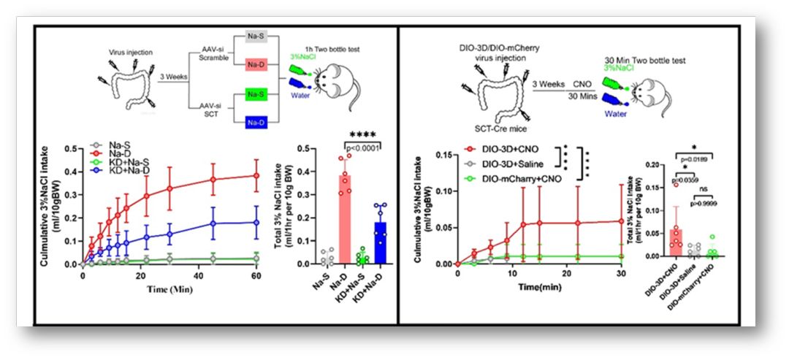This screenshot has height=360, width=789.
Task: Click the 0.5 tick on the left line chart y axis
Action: (x=70, y=148)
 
